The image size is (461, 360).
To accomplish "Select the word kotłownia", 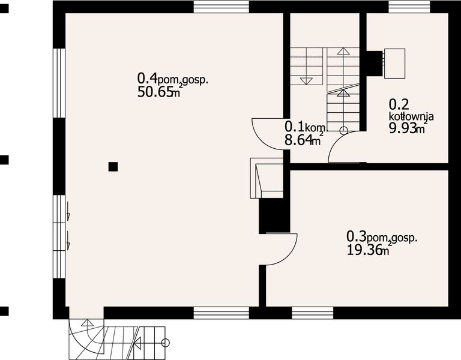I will pyautogui.click(x=411, y=116).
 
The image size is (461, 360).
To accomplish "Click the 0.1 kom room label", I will pyautogui.click(x=304, y=127).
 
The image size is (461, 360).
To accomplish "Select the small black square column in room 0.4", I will pyautogui.click(x=113, y=167).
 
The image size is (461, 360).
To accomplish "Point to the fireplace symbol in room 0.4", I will pyautogui.click(x=266, y=178).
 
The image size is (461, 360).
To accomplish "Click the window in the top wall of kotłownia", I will pyautogui.click(x=409, y=7).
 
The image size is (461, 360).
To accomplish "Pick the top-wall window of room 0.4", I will pyautogui.click(x=221, y=7).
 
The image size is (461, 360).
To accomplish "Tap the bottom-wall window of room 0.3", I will pyautogui.click(x=313, y=312).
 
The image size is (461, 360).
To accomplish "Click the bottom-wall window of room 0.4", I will pyautogui.click(x=221, y=312).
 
